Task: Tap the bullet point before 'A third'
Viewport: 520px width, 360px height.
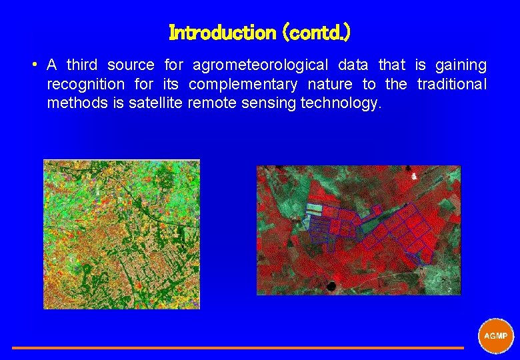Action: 33,65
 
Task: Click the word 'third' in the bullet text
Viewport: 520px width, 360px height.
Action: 82,65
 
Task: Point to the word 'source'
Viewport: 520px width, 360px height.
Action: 131,65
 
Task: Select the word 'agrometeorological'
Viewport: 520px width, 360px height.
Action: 260,65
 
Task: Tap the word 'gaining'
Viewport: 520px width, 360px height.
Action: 461,65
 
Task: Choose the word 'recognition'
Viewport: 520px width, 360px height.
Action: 85,85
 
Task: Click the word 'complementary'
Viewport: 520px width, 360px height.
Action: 243,85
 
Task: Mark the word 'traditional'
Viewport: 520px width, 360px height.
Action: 451,85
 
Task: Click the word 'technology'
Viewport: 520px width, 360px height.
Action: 341,103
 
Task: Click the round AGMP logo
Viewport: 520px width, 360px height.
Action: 496,335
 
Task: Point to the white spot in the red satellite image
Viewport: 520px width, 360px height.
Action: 415,177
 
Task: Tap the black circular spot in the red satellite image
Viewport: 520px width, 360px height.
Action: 331,286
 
